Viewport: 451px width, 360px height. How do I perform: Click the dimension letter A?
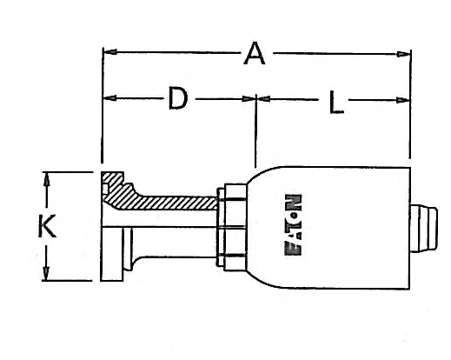pos(254,54)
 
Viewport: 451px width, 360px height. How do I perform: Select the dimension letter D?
pos(177,99)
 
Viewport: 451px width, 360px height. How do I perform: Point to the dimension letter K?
pos(48,227)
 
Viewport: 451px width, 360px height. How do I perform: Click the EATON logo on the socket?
pos(293,226)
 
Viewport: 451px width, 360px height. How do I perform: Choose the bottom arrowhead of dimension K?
pos(49,276)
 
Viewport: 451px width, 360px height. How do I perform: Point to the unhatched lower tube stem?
pos(174,241)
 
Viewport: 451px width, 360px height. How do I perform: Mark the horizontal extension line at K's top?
pos(70,172)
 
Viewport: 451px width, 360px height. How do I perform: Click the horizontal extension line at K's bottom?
pos(70,281)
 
